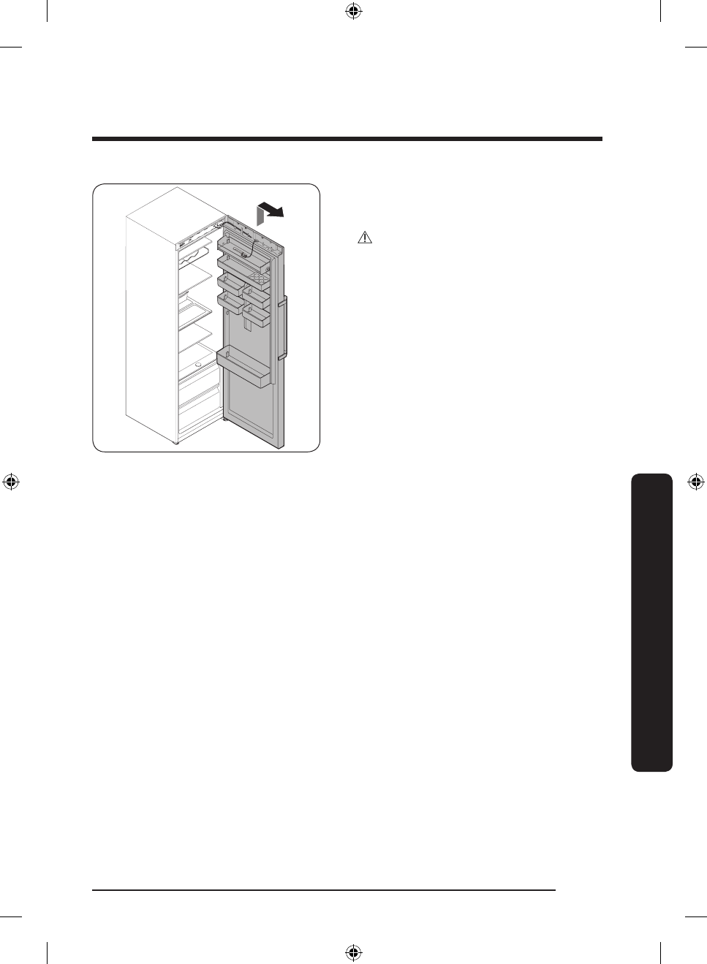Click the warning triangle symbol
(x=364, y=238)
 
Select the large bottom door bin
(x=243, y=368)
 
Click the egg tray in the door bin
(x=257, y=278)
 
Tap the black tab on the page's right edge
(x=651, y=622)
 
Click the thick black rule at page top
(x=347, y=139)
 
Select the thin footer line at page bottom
(x=324, y=890)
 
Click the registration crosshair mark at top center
(x=353, y=11)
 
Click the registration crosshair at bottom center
(x=353, y=952)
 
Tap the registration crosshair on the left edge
(x=11, y=482)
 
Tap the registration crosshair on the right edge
(x=696, y=482)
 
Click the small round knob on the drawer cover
(x=198, y=364)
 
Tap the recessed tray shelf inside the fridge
(x=195, y=311)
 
